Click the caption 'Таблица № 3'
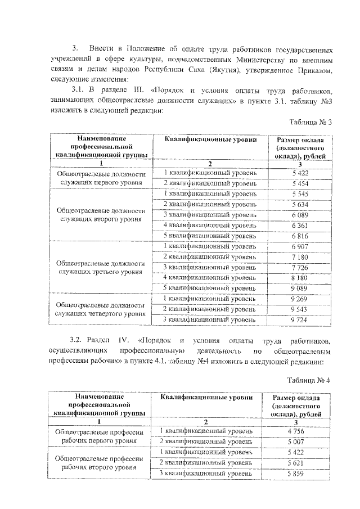point(309,122)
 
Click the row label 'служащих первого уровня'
point(101,183)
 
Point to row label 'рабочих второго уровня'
point(101,468)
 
